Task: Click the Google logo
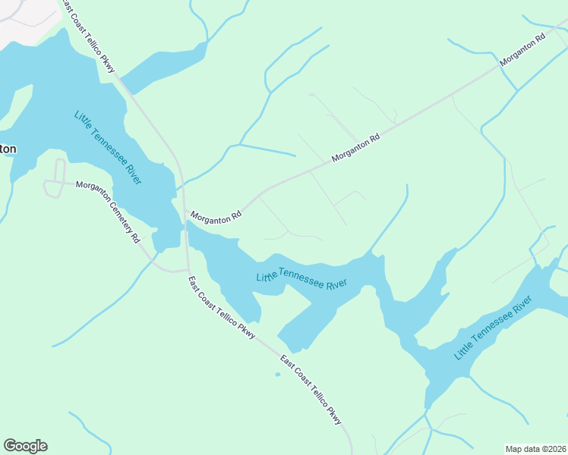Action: tap(25, 446)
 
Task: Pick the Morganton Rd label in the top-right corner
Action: tap(523, 49)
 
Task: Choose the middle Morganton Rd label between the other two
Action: tap(355, 149)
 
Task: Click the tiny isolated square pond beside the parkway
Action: tap(277, 374)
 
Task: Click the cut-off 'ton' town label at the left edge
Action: tap(7, 149)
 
